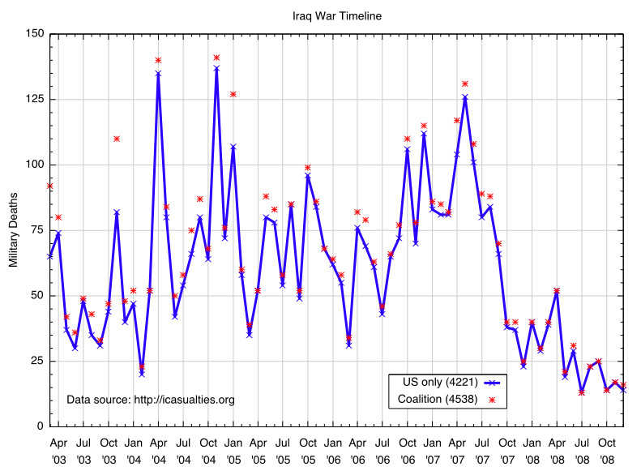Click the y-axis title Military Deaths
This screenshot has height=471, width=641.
[13, 229]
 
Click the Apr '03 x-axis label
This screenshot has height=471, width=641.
[58, 451]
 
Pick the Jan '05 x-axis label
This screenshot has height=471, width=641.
[233, 451]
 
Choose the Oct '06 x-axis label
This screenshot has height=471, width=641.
[408, 451]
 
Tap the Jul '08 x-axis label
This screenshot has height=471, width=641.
[583, 451]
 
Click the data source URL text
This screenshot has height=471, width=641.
[151, 400]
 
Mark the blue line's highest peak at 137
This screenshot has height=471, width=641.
[216, 68]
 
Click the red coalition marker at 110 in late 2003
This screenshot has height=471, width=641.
[117, 139]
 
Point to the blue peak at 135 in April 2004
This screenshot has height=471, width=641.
[158, 73]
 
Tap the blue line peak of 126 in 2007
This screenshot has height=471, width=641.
[465, 96]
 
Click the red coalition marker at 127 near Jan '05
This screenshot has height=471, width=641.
[233, 94]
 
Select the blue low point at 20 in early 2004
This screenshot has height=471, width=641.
[142, 374]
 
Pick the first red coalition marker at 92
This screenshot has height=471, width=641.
[50, 186]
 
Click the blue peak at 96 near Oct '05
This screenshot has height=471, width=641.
[308, 175]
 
